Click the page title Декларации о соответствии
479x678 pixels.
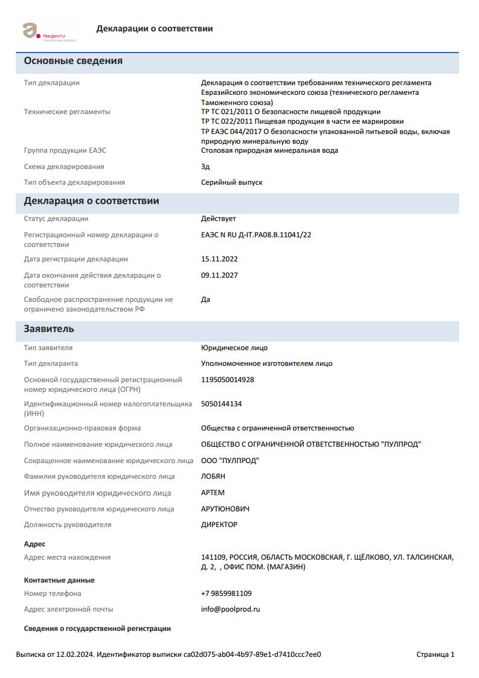click(154, 28)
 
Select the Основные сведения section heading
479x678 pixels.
click(73, 61)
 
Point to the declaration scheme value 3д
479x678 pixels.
click(205, 167)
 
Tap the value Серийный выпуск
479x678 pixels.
click(231, 182)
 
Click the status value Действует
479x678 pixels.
click(218, 219)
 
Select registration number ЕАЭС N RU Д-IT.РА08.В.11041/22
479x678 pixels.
click(256, 235)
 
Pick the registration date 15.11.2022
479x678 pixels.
click(219, 259)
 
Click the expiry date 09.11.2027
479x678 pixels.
click(219, 275)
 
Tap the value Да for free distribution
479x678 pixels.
click(205, 299)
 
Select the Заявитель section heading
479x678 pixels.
click(49, 329)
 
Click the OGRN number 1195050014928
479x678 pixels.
click(227, 380)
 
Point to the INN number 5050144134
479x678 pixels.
click(221, 404)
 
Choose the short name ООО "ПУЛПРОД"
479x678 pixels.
click(230, 461)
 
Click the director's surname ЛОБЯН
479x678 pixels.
click(213, 476)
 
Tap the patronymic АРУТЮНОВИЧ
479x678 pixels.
click(225, 509)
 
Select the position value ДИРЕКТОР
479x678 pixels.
click(219, 525)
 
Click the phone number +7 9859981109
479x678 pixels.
click(226, 593)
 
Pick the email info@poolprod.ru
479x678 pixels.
click(230, 609)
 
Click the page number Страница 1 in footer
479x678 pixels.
click(435, 654)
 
